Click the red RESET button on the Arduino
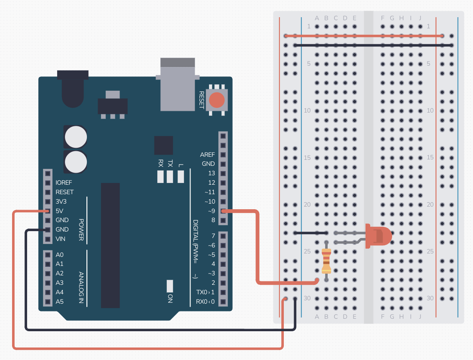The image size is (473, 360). [217, 100]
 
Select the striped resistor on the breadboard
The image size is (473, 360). [326, 261]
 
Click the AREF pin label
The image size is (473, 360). [207, 155]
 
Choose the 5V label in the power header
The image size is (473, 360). [59, 211]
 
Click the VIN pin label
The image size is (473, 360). [61, 239]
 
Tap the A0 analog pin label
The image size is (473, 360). [59, 254]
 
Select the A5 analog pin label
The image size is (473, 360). [59, 302]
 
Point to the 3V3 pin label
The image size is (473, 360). [61, 201]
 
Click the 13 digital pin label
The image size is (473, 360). [211, 174]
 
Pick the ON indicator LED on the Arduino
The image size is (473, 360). [170, 286]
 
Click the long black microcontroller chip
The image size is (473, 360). [111, 245]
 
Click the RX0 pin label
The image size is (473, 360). [202, 302]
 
